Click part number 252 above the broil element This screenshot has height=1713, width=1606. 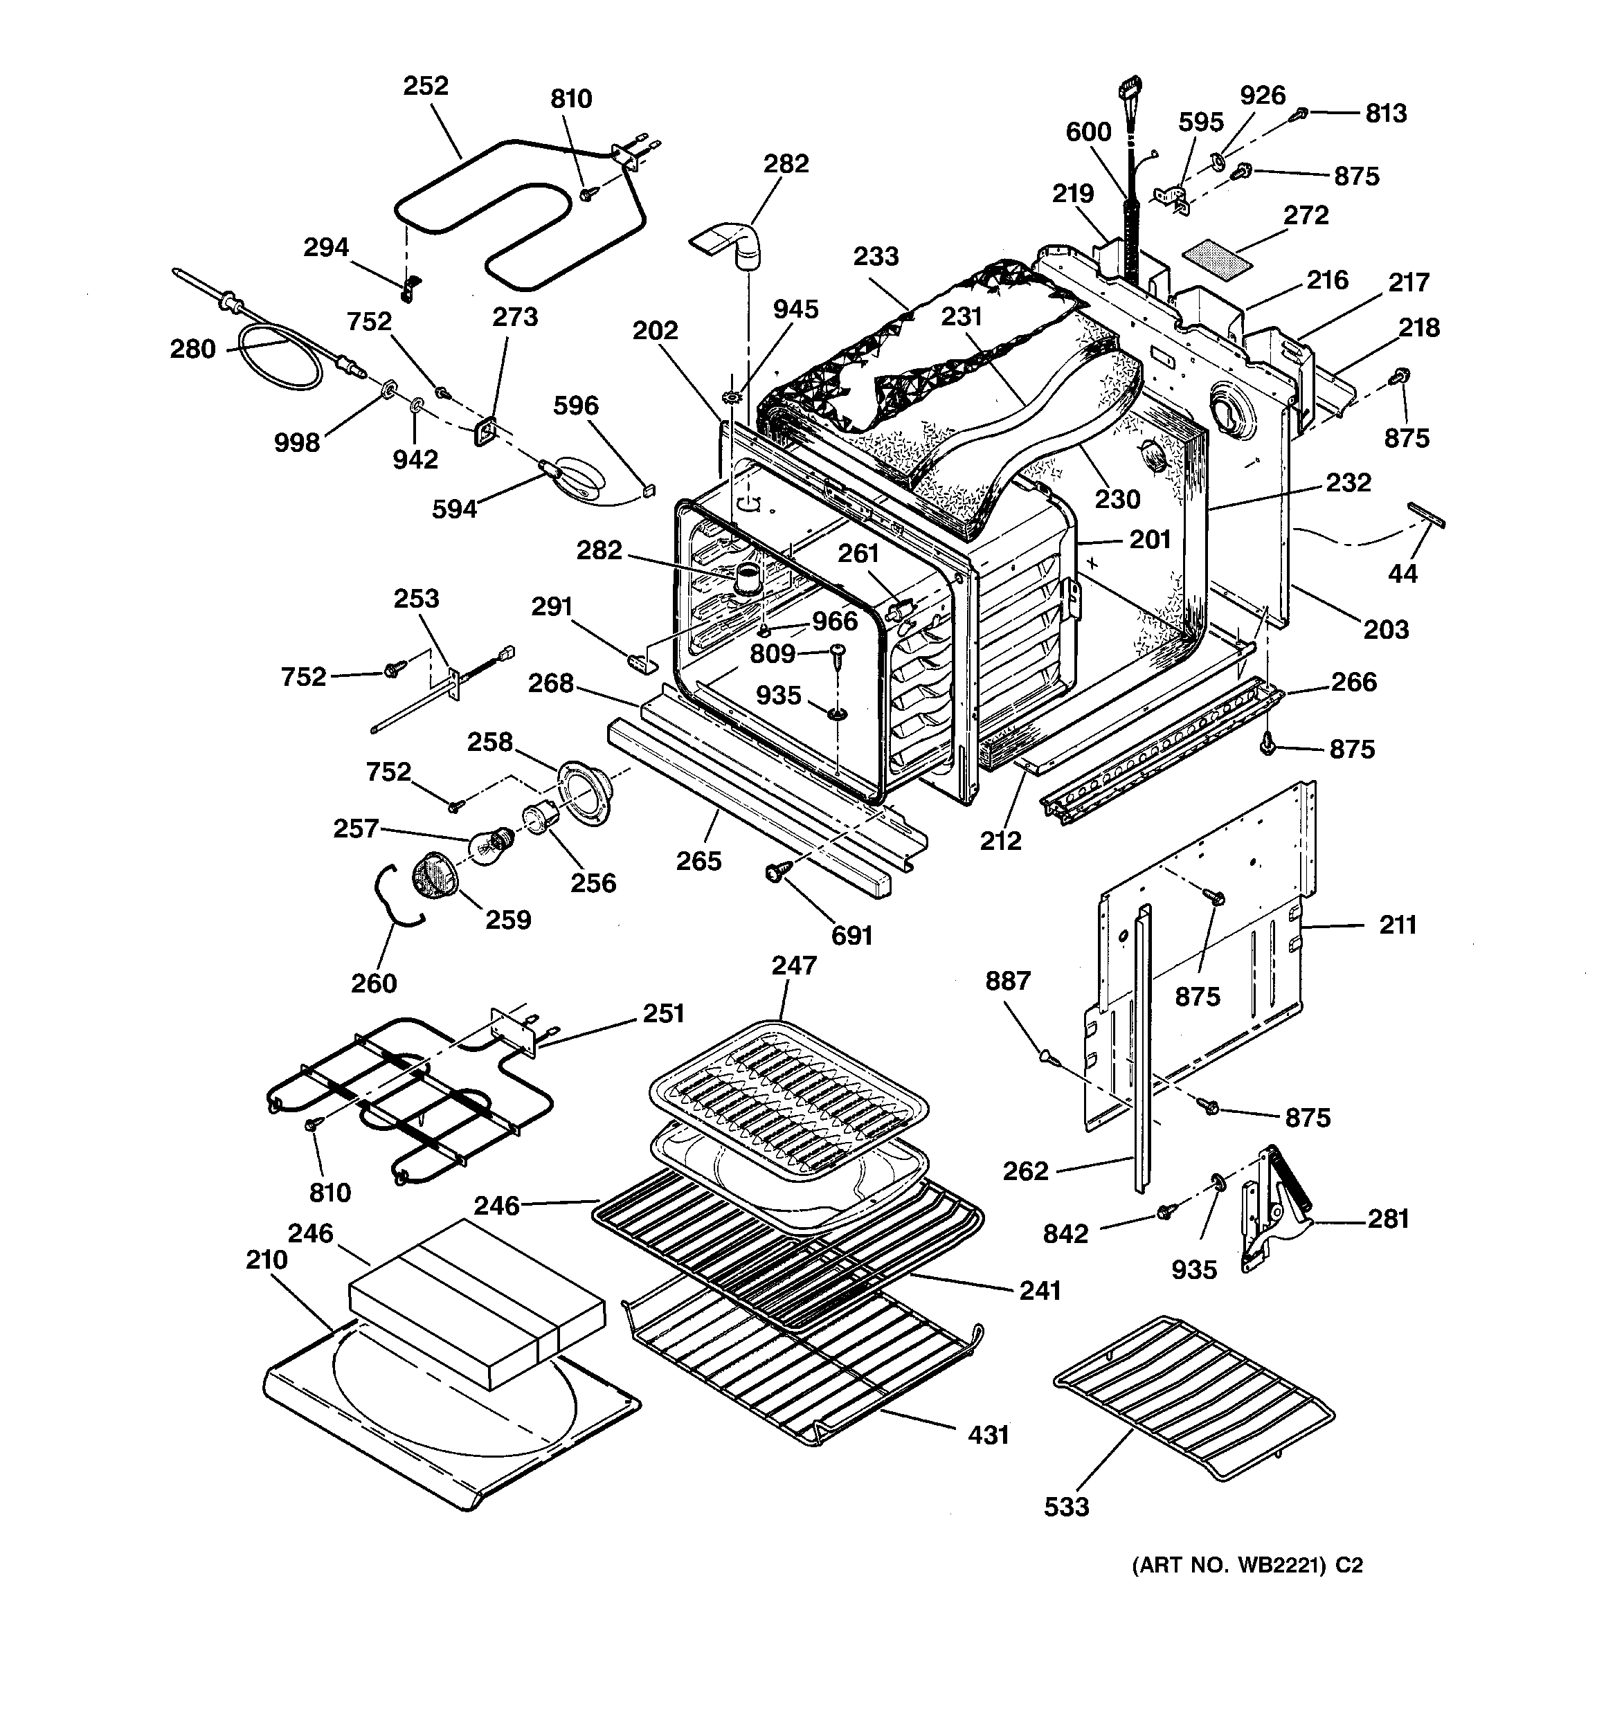tap(426, 86)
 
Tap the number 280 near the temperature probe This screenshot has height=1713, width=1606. tap(192, 349)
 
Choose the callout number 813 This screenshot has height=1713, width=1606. tap(1385, 114)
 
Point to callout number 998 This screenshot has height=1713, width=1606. tap(296, 443)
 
